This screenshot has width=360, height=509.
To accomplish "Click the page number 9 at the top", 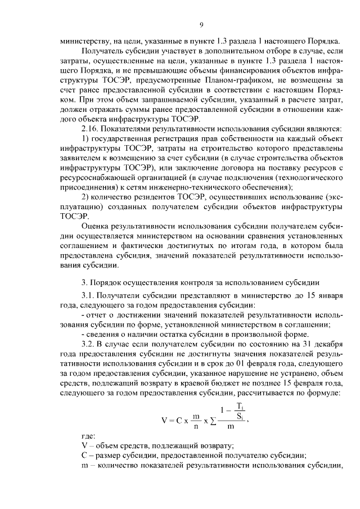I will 201,24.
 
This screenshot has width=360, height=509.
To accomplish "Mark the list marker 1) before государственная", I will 85,139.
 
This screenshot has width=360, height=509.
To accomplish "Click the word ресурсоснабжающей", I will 101,178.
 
